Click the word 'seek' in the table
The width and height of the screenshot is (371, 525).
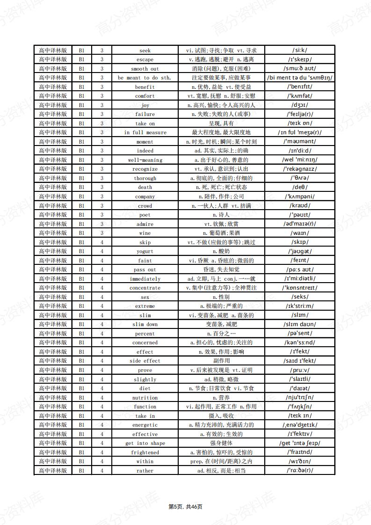click(145, 51)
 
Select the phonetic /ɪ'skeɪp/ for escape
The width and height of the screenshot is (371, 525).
click(300, 59)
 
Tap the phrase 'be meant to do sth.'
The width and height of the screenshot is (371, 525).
click(145, 78)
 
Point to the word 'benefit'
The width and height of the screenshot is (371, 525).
click(145, 87)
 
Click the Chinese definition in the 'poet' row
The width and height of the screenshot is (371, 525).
click(221, 215)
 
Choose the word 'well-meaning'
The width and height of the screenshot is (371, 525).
click(145, 160)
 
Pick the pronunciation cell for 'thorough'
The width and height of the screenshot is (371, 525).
click(300, 178)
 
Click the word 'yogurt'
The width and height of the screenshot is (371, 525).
click(145, 251)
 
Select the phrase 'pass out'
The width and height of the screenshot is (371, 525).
click(145, 270)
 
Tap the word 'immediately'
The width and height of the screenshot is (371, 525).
click(145, 279)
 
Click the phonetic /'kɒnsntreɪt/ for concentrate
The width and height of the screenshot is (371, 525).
click(300, 288)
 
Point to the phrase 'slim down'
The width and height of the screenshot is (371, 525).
click(145, 324)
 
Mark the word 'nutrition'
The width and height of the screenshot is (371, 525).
click(145, 398)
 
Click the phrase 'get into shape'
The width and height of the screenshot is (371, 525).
click(145, 443)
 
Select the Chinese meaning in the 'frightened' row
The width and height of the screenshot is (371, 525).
click(221, 452)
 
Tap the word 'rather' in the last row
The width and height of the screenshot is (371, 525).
click(145, 471)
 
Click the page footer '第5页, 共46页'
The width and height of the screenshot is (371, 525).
click(185, 507)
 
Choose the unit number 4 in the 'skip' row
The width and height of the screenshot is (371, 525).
click(102, 242)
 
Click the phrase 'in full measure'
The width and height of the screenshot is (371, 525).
click(145, 133)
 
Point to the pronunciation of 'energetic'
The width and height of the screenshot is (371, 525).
click(300, 425)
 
